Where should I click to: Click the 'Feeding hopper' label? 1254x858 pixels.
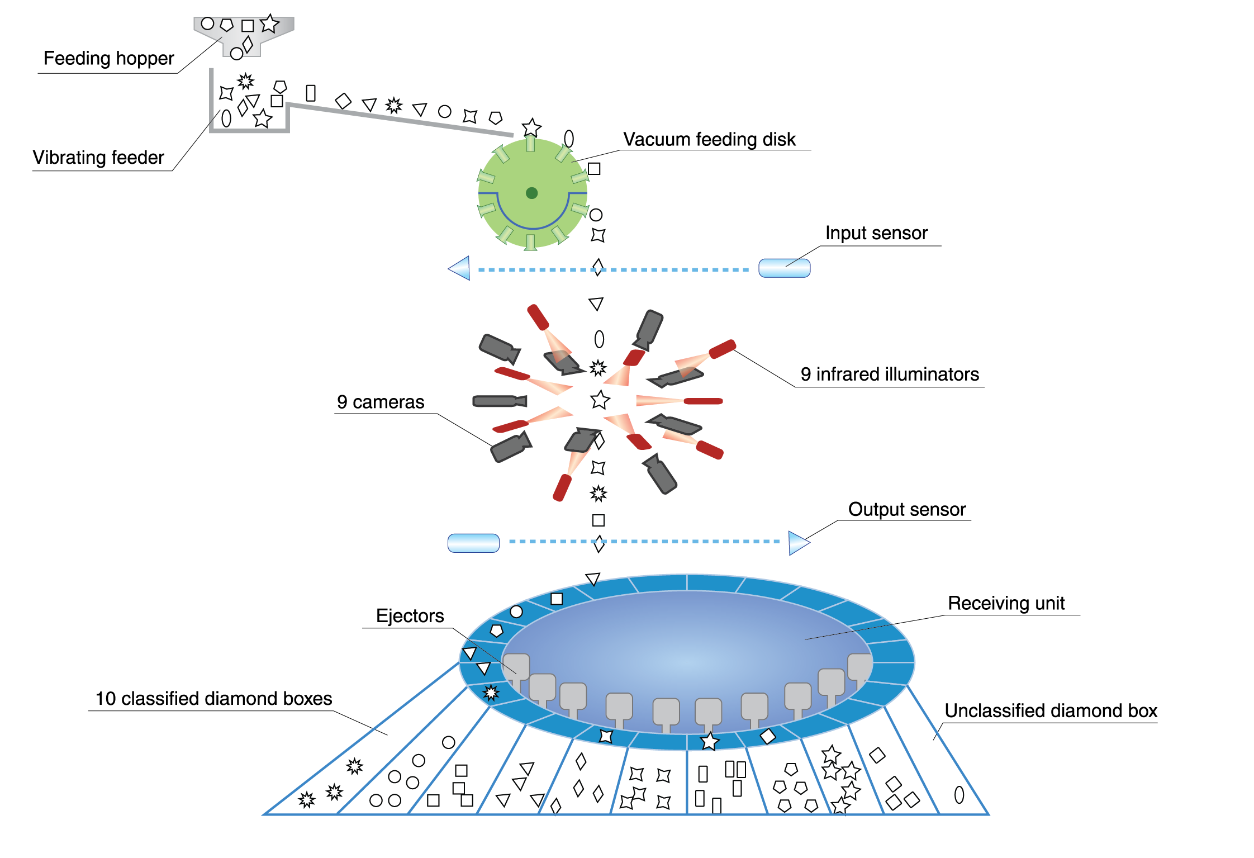click(108, 58)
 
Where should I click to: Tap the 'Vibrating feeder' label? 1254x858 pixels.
click(98, 157)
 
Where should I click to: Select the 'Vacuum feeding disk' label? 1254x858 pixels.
click(709, 139)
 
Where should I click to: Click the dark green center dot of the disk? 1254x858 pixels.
click(531, 193)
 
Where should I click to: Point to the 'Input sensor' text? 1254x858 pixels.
click(876, 233)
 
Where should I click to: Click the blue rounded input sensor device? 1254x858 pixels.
click(784, 268)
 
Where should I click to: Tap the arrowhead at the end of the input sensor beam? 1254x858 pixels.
click(459, 268)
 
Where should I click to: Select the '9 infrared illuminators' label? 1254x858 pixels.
click(889, 374)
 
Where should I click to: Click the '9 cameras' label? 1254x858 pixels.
click(380, 402)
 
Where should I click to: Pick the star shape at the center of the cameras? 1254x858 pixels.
click(600, 400)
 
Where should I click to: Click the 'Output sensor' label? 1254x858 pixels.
click(906, 509)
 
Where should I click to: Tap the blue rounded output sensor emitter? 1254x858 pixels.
click(473, 543)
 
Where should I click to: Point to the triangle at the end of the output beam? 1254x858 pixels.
click(798, 543)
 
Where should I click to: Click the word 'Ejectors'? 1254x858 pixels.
click(410, 615)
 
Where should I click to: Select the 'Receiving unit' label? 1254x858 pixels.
click(1006, 603)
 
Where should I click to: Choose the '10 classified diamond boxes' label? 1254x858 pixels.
click(213, 698)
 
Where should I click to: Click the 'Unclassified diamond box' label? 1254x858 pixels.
click(1050, 710)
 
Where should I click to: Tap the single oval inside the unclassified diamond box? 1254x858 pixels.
click(959, 794)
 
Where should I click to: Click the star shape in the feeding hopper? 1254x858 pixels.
click(269, 23)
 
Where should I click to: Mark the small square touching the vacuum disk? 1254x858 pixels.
click(594, 168)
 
